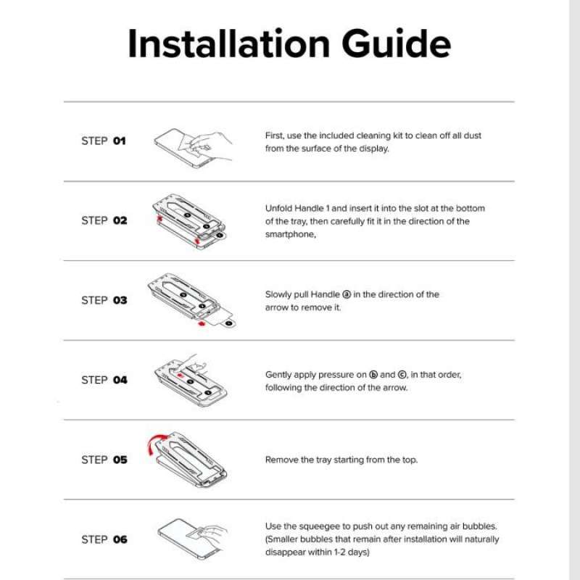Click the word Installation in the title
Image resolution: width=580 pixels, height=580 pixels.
tap(228, 43)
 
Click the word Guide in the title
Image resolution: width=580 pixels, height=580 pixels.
tap(396, 43)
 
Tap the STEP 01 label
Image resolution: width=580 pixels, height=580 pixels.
tap(104, 141)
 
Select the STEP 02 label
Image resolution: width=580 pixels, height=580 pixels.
tap(104, 220)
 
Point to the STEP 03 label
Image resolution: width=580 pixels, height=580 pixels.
tap(104, 300)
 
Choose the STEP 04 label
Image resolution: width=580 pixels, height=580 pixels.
tap(104, 380)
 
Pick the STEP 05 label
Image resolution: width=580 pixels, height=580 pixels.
tap(104, 460)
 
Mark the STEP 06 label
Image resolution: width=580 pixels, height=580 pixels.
tap(104, 539)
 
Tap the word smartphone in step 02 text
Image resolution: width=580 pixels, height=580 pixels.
tap(289, 234)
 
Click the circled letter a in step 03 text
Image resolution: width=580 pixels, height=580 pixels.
tap(347, 294)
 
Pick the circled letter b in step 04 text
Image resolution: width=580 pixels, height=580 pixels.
tap(373, 375)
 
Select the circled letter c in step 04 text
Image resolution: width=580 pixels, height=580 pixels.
tap(402, 375)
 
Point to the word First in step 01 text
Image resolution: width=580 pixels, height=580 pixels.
tap(275, 136)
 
